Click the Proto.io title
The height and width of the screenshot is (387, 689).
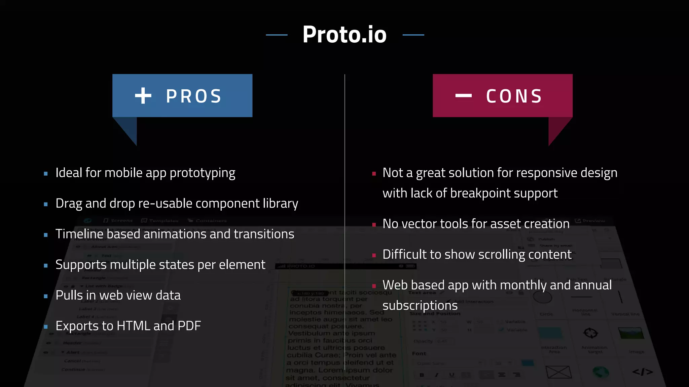click(344, 35)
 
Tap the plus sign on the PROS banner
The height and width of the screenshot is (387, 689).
click(143, 96)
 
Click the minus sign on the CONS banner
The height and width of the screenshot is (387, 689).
click(463, 96)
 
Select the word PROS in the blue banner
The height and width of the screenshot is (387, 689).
click(194, 96)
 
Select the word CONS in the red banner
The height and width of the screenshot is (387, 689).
click(514, 96)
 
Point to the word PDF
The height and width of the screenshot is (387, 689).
click(189, 326)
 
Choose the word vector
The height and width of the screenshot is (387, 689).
click(422, 224)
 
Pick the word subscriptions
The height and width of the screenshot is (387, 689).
click(420, 306)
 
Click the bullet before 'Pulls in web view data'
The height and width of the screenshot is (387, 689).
click(46, 296)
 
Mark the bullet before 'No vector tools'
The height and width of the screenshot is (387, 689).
click(374, 225)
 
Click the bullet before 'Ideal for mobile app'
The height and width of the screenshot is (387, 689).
click(46, 174)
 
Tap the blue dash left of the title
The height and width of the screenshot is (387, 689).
click(277, 35)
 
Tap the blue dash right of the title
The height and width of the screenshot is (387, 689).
click(413, 35)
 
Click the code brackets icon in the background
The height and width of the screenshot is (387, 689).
click(642, 372)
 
